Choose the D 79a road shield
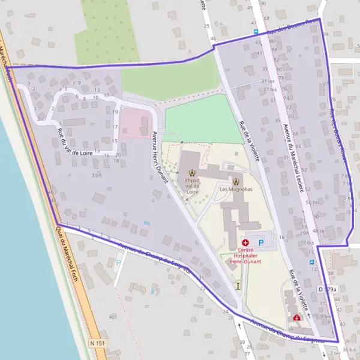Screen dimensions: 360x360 (x=328, y=290)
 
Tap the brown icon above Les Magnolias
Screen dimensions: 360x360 (x=236, y=180)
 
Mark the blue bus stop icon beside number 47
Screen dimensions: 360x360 (x=256, y=31)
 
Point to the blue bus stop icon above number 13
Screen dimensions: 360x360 (x=311, y=262)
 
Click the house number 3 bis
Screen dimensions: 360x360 (x=96, y=175)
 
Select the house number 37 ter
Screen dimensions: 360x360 (x=268, y=81)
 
